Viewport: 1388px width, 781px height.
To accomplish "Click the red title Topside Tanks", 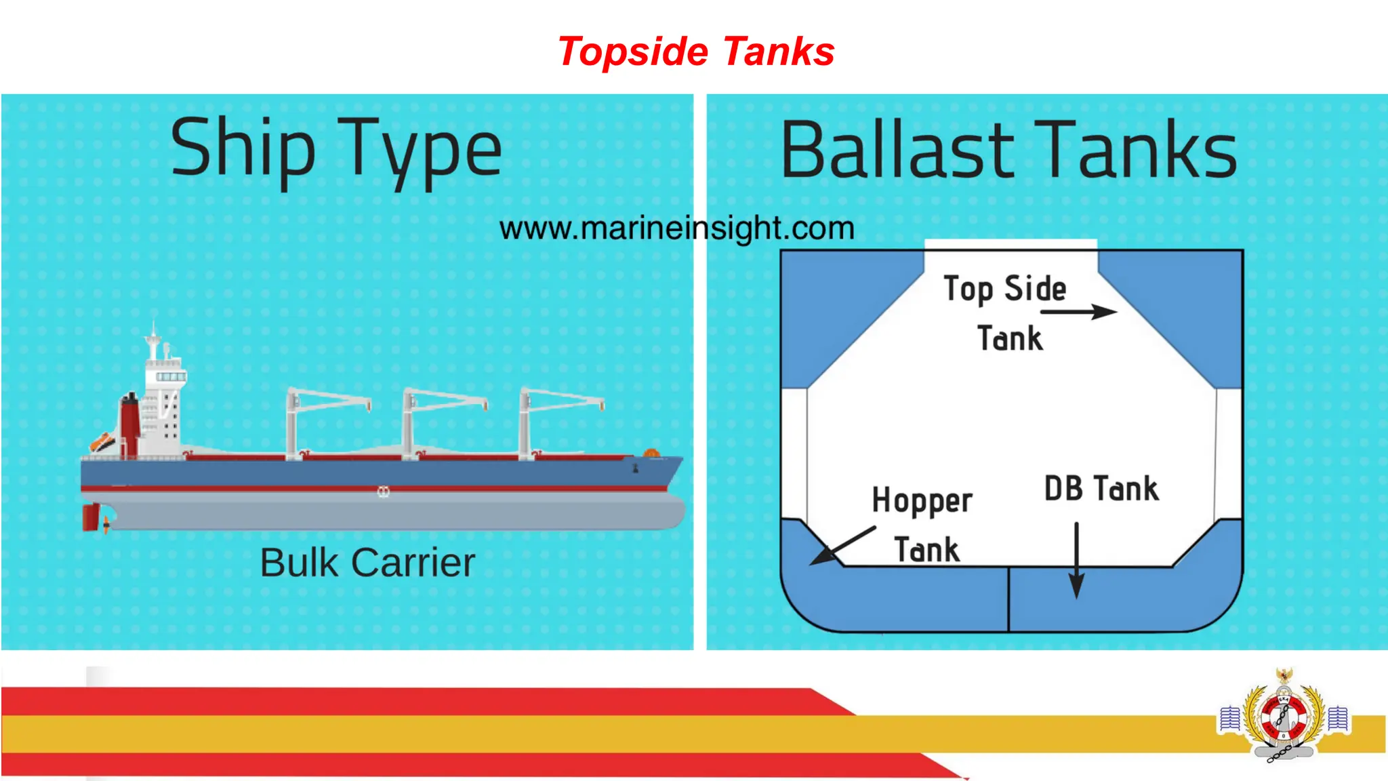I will pyautogui.click(x=696, y=52).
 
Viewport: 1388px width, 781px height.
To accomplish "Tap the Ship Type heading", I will pyautogui.click(x=336, y=150).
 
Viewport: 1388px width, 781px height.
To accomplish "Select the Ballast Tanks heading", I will pyautogui.click(x=1009, y=151).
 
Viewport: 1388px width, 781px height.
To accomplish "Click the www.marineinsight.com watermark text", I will pyautogui.click(x=676, y=228).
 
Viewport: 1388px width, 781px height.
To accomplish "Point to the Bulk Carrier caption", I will pyautogui.click(x=367, y=563).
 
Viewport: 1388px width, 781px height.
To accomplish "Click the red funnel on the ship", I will pyautogui.click(x=129, y=424).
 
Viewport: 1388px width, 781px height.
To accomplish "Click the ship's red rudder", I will pyautogui.click(x=90, y=517).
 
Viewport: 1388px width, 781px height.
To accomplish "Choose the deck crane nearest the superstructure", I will pyautogui.click(x=293, y=424).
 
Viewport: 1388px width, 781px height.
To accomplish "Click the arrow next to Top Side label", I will pyautogui.click(x=1078, y=312).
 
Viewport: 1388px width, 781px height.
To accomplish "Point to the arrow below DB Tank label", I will pyautogui.click(x=1076, y=560).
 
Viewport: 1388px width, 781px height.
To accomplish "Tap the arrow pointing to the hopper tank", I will pyautogui.click(x=843, y=546).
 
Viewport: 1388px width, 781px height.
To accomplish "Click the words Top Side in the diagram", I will pyautogui.click(x=1004, y=289).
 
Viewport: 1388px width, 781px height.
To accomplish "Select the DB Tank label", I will pyautogui.click(x=1101, y=489).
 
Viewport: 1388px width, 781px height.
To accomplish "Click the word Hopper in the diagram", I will pyautogui.click(x=922, y=501).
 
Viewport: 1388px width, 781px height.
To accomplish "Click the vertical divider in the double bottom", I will pyautogui.click(x=1008, y=599).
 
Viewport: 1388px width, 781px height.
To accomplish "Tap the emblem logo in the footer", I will pyautogui.click(x=1283, y=717).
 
